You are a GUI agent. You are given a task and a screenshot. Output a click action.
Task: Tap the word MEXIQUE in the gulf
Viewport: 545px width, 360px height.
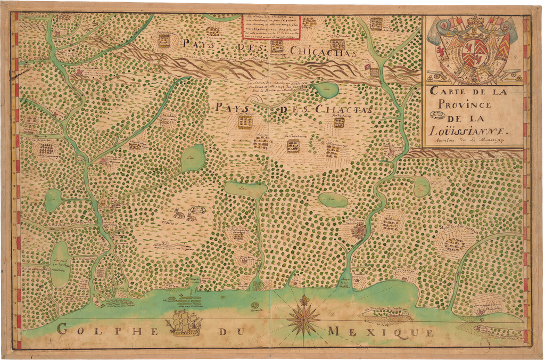click(x=381, y=332)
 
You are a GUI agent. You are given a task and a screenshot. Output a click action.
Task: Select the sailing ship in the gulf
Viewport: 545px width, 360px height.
click(x=186, y=323)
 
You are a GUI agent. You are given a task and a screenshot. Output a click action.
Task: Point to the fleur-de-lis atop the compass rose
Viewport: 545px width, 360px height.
click(x=304, y=300)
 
